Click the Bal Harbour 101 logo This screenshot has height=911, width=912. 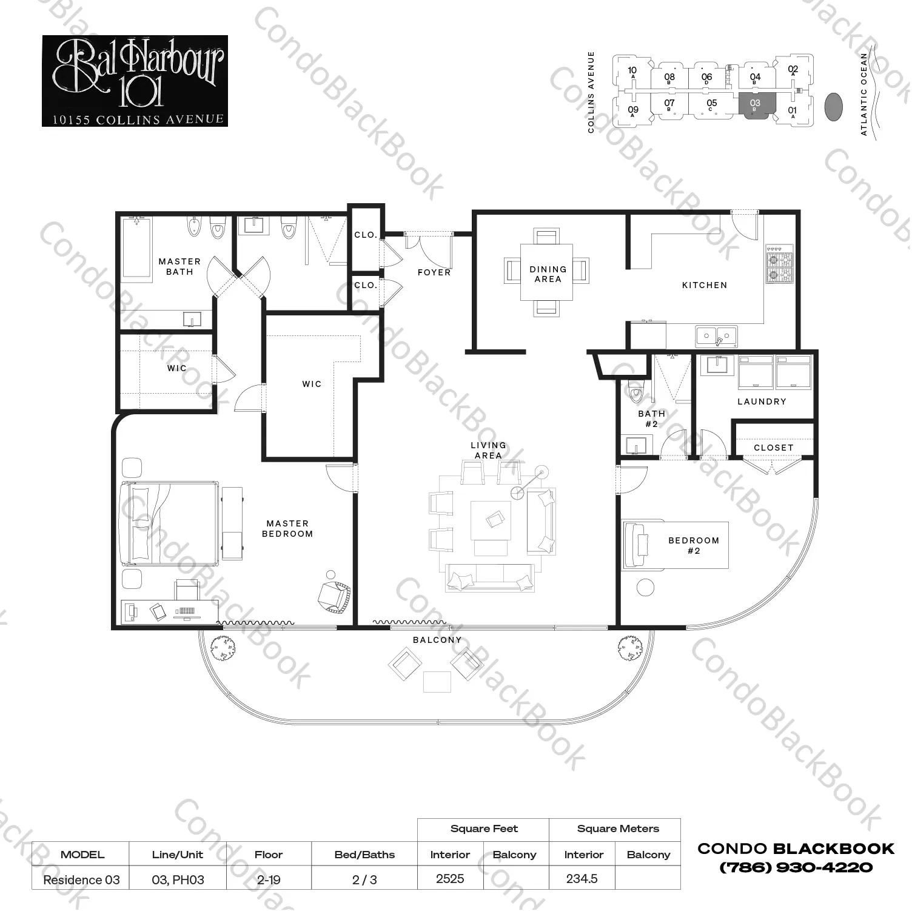point(135,81)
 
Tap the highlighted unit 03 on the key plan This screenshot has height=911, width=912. point(754,106)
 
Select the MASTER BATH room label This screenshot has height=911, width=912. point(179,267)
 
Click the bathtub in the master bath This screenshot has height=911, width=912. point(136,249)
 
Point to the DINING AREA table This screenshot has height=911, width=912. point(547,273)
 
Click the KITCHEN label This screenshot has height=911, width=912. point(704,285)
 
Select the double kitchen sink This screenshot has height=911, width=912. point(716,335)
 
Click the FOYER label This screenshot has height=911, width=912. point(434,273)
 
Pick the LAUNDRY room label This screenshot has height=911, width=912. point(762,402)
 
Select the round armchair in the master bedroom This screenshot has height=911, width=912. point(334,596)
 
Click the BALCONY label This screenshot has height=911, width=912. point(437,640)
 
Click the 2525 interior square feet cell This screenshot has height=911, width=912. point(450,879)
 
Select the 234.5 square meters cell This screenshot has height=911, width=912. point(582,879)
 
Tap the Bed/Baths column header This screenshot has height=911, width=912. point(364,855)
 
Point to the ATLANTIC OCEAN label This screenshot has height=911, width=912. point(864,94)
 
